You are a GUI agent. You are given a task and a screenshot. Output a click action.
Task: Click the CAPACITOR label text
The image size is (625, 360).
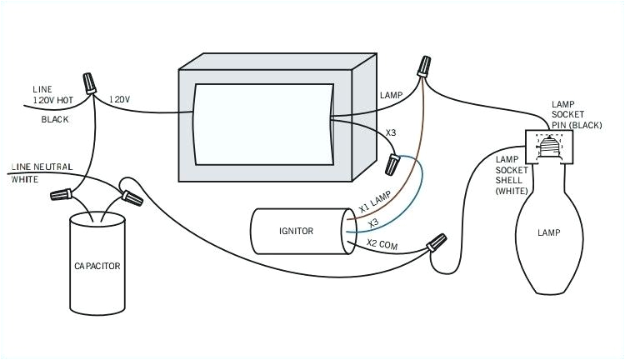[x=97, y=267]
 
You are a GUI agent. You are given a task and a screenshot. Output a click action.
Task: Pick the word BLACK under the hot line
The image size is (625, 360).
[x=55, y=119]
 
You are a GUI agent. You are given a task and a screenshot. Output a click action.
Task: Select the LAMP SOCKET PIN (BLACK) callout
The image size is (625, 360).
[x=576, y=115]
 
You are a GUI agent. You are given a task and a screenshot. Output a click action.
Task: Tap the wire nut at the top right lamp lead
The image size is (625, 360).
[x=427, y=64]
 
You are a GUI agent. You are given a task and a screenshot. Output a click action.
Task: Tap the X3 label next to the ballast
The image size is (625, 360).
[x=392, y=133]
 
